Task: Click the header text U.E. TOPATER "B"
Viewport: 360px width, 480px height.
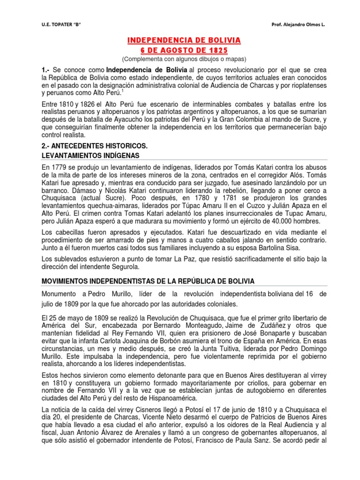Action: tap(61, 24)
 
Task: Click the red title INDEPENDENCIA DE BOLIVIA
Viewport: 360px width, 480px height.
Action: tap(184, 41)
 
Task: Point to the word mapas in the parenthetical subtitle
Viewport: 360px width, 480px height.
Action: tap(232, 59)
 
